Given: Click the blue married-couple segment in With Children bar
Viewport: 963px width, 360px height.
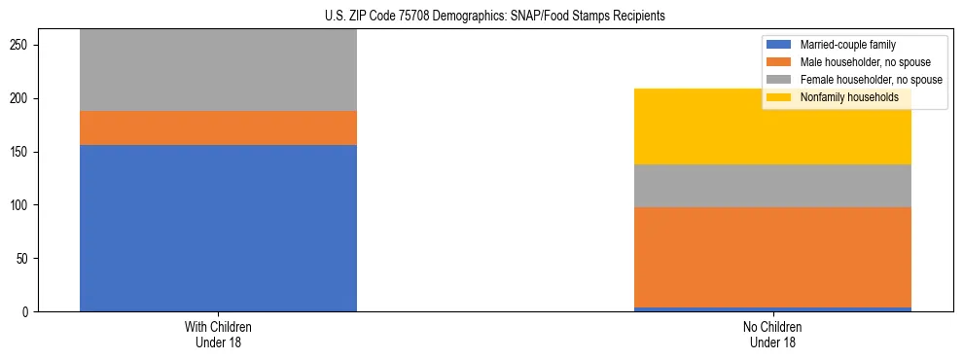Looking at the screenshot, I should pos(218,228).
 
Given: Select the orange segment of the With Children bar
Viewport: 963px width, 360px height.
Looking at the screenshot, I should pos(218,127).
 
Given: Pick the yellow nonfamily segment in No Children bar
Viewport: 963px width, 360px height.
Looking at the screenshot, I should pos(772,126).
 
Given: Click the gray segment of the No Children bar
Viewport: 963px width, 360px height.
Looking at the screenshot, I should pos(772,186).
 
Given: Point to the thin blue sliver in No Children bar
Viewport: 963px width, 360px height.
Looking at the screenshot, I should pos(772,309).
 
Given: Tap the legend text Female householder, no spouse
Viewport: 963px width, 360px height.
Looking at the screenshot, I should pos(871,80).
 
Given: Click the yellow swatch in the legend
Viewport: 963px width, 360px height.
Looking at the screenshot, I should pos(779,97).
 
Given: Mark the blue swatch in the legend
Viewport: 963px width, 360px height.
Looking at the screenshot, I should pos(779,45).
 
